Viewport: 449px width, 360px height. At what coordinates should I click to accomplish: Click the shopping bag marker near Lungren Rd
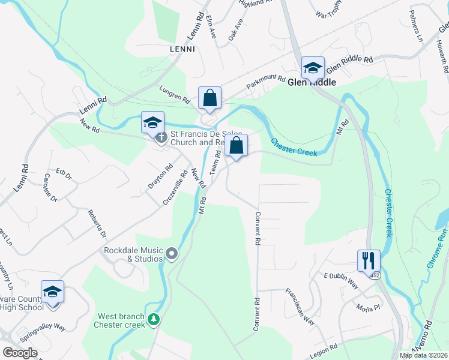pyautogui.click(x=210, y=98)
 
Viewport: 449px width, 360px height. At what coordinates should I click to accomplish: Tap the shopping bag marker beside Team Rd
pyautogui.click(x=237, y=145)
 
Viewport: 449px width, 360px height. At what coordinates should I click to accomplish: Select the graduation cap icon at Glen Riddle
pyautogui.click(x=313, y=68)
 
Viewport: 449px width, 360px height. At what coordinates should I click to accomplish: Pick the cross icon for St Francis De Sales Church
pyautogui.click(x=160, y=139)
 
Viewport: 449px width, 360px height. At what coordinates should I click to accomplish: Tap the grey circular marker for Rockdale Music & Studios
pyautogui.click(x=172, y=254)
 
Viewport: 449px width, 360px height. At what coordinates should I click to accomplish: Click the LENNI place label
pyautogui.click(x=182, y=49)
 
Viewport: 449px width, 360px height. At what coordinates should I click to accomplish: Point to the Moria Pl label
pyautogui.click(x=368, y=308)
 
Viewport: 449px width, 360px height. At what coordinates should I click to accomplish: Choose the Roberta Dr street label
pyautogui.click(x=97, y=224)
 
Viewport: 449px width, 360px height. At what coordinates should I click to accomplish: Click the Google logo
pyautogui.click(x=20, y=352)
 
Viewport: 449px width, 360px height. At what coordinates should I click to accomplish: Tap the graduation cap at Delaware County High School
pyautogui.click(x=52, y=292)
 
